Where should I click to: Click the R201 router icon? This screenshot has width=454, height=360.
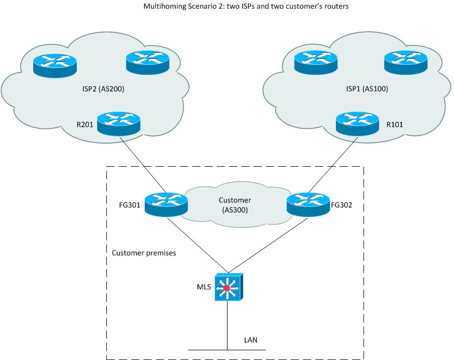[118, 124]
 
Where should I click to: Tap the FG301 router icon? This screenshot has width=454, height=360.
[166, 204]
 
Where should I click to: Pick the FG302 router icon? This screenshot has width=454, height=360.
[308, 204]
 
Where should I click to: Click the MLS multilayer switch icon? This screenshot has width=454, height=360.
[229, 288]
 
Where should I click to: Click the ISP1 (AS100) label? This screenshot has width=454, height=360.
[367, 88]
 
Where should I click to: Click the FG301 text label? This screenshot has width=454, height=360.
[129, 207]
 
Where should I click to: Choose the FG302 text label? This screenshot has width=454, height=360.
[343, 206]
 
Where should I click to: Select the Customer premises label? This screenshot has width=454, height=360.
[144, 253]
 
